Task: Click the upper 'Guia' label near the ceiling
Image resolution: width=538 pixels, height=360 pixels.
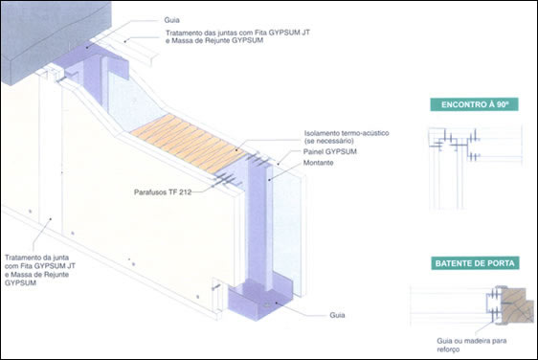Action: coord(171,20)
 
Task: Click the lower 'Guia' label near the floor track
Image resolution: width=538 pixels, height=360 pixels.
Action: coord(337,315)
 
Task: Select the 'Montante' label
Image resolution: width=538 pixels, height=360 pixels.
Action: coord(318,163)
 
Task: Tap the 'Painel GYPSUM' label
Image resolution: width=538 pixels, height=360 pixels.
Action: coord(329,151)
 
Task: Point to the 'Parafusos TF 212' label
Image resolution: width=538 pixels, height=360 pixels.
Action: coord(163,192)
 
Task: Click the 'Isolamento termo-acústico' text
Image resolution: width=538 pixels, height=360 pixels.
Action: coord(347,133)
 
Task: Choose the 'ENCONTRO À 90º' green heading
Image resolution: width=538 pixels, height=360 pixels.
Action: coord(474,104)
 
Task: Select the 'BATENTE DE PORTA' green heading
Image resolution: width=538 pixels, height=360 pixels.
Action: coord(475,263)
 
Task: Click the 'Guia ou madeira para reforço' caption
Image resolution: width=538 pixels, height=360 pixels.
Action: coord(471,345)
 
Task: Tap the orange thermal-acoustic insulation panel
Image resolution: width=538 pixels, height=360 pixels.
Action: coord(189,143)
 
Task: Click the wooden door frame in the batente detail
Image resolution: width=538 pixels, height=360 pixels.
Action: coord(517,305)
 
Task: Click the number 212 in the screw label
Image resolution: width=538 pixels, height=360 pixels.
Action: coord(185,192)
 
